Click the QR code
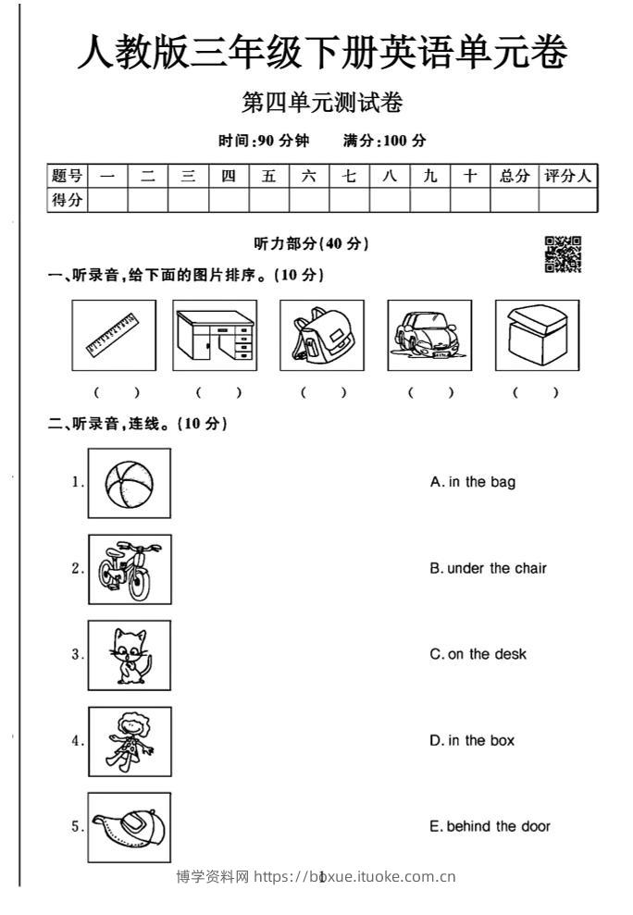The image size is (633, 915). click(563, 254)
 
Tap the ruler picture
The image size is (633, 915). click(114, 335)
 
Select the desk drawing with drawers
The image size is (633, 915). click(215, 335)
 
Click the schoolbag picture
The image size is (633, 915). click(321, 335)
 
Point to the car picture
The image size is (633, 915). click(428, 335)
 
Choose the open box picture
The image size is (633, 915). click(537, 335)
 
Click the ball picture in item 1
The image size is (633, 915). click(130, 483)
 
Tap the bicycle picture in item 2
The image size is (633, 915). click(130, 569)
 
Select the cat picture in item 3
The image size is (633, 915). click(130, 655)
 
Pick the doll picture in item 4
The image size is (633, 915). click(130, 741)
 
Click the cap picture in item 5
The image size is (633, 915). click(130, 827)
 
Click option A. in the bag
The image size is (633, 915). click(473, 482)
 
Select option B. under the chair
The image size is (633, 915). click(488, 568)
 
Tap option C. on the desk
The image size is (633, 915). click(478, 654)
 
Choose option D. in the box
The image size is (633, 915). click(472, 740)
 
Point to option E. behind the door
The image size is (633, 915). click(490, 826)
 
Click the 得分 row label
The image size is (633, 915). click(67, 200)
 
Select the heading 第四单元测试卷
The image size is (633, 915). click(321, 104)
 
